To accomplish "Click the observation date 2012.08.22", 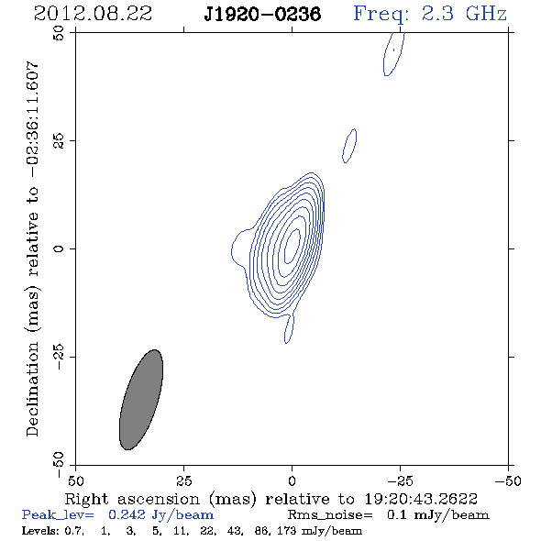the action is tap(93, 14).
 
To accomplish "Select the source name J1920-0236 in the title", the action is tap(262, 14).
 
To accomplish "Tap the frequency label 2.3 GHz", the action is tap(464, 14).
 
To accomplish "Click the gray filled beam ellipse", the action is tap(141, 400).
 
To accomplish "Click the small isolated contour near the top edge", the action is tap(393, 54).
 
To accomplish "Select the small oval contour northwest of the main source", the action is tap(349, 146).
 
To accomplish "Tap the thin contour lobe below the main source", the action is tap(289, 328).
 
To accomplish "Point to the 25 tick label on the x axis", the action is tap(183, 481).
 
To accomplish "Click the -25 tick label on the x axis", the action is tap(400, 481).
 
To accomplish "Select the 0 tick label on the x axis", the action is tap(292, 481).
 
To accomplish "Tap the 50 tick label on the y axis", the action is tap(59, 33).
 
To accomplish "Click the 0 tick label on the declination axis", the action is tap(59, 248).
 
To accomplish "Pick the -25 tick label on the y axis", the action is tap(59, 357).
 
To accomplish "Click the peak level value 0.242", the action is tap(127, 514).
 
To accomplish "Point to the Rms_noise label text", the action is tap(330, 515).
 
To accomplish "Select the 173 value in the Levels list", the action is tap(286, 530).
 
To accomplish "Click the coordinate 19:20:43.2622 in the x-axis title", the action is tap(421, 499).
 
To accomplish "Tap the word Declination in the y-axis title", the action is tap(32, 389).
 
